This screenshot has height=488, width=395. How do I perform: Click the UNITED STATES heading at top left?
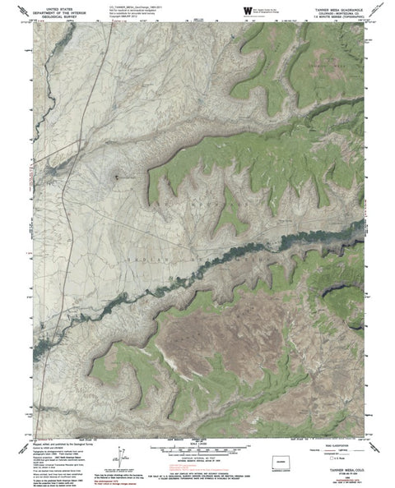click(x=50, y=5)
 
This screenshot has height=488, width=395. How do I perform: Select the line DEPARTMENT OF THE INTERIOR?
click(x=50, y=9)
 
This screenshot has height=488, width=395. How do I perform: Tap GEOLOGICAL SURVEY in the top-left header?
click(x=50, y=14)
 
